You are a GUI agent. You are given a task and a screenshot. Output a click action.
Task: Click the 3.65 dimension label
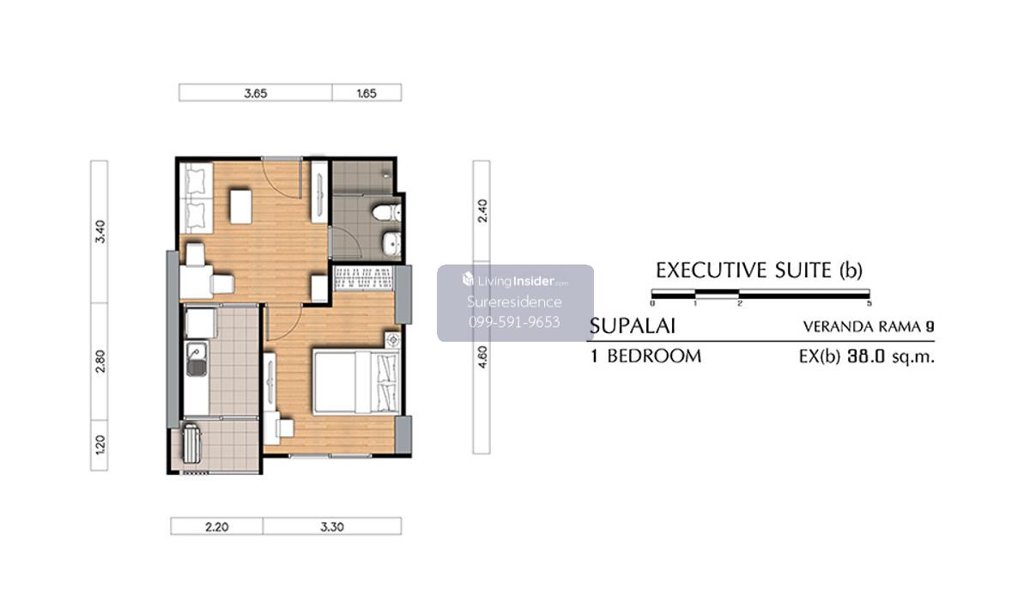(255, 94)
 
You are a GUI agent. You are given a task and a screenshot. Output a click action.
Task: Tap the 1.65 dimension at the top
(367, 94)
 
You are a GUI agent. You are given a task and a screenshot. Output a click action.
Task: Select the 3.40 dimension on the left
(100, 231)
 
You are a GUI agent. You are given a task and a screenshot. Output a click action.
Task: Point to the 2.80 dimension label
(100, 361)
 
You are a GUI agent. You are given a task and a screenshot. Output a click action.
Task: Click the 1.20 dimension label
(100, 445)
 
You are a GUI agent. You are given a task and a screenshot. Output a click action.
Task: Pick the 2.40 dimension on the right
(482, 210)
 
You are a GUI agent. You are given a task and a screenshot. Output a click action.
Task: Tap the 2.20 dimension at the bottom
(216, 526)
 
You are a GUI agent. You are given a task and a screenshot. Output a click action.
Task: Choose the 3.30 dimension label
(332, 526)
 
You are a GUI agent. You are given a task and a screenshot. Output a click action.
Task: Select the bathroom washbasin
(391, 243)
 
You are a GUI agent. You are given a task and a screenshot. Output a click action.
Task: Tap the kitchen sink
(197, 359)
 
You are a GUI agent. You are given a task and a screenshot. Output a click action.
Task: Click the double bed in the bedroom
(356, 383)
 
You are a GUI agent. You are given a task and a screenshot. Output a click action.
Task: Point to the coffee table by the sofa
(240, 206)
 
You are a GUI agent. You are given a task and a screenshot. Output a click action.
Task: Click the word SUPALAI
(633, 326)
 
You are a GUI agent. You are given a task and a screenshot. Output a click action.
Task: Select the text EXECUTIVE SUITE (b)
(759, 270)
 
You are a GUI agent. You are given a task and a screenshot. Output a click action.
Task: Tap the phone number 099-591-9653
(514, 322)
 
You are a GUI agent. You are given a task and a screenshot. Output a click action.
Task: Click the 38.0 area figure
(866, 357)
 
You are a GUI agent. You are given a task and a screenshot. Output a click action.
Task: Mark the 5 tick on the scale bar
(869, 303)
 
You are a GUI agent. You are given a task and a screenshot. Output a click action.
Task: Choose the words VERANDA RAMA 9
(869, 326)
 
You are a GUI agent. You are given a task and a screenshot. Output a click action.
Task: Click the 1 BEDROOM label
(646, 356)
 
